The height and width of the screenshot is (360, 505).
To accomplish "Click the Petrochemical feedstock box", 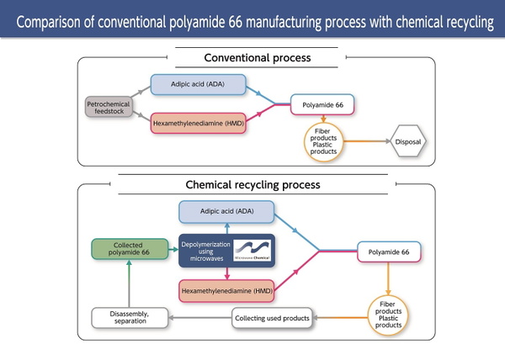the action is (x=109, y=107).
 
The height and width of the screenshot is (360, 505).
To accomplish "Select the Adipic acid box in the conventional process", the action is (x=198, y=85).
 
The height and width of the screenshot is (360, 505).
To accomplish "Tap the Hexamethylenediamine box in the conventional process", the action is (x=198, y=123).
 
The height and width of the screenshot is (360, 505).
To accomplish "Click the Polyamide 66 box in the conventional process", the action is (x=322, y=104).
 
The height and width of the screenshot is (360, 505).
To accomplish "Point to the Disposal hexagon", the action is (x=408, y=141).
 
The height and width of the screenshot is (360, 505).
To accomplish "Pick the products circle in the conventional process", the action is (x=323, y=141).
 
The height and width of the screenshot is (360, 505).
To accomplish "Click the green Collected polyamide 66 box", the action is (x=130, y=249).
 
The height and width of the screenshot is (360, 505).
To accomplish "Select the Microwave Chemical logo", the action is (x=252, y=251).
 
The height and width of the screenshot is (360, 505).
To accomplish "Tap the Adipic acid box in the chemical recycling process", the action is (x=226, y=212).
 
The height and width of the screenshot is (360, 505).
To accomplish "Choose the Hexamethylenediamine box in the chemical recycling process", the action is (x=226, y=291).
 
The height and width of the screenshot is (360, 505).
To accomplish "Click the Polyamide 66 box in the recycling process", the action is (x=389, y=251).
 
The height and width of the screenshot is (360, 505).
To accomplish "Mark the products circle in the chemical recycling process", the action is (x=388, y=315).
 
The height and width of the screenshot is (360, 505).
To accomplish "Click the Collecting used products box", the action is (x=272, y=318).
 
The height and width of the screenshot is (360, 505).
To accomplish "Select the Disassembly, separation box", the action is (x=130, y=318).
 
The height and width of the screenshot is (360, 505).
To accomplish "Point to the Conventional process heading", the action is (x=258, y=58).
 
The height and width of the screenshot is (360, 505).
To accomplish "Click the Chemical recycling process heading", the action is (x=252, y=185).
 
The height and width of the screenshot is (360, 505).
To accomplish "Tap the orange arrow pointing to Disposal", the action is (x=367, y=141).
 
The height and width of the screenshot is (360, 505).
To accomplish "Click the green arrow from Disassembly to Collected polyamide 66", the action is (x=129, y=283).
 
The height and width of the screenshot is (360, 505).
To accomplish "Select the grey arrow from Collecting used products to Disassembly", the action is (x=200, y=318).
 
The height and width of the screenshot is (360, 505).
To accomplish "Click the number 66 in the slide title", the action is (x=236, y=22).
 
